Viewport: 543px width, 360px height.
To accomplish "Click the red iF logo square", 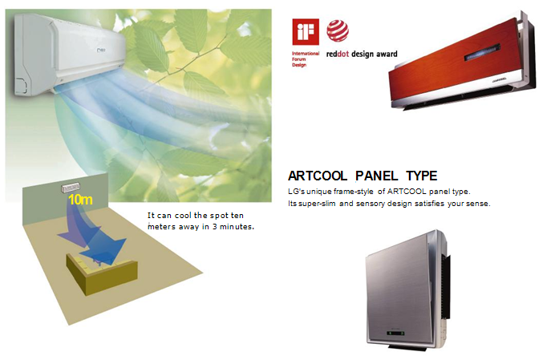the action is pos(306,32).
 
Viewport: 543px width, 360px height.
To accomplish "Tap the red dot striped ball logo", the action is pos(338,30).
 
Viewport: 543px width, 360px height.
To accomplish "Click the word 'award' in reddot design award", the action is pos(387,54).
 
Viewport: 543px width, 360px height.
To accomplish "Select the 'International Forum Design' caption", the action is pos(305,59).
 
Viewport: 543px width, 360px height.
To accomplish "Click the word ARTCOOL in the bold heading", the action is pos(318,176).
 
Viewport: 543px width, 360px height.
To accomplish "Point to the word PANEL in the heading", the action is pos(377,176).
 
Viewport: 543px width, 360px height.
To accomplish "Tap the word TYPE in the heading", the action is pos(422,176).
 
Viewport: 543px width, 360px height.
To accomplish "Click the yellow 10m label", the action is pos(80,200).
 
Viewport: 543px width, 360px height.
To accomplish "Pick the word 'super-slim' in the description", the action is pos(317,204).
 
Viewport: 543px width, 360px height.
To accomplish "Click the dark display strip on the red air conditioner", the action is pos(482,52).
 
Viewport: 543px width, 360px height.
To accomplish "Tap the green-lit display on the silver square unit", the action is pos(396,334).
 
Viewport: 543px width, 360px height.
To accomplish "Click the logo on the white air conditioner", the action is pos(101,51).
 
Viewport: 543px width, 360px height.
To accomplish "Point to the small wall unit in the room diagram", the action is pos(71,188).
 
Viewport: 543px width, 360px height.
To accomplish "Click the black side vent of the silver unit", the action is pos(445,286).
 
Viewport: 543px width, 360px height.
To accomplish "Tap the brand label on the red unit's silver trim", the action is pos(499,79).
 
